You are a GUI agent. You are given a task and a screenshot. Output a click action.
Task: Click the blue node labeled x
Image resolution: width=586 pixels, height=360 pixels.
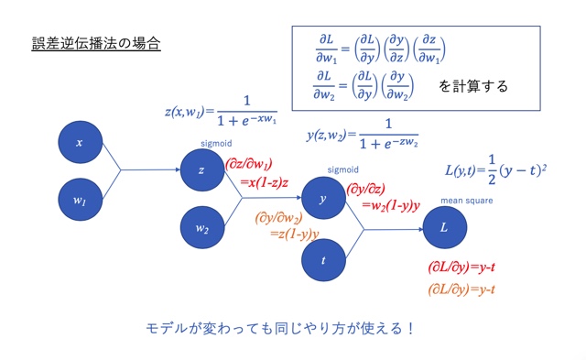click(80, 143)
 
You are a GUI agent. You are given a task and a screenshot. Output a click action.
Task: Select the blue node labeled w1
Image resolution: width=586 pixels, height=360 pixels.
click(80, 196)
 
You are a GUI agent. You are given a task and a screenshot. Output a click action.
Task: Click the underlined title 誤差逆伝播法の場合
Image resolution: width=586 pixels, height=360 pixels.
click(96, 43)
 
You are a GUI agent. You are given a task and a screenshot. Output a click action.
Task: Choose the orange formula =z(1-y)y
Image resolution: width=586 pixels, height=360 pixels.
click(294, 235)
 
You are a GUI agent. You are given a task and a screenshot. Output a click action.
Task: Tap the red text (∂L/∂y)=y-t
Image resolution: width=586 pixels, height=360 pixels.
click(462, 269)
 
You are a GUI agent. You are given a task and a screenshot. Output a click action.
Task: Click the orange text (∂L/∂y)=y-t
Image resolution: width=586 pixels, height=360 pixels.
click(462, 289)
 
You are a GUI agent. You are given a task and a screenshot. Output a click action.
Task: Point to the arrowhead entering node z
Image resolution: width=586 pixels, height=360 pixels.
click(179, 170)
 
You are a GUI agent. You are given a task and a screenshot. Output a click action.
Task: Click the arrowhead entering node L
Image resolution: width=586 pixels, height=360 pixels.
click(420, 228)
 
